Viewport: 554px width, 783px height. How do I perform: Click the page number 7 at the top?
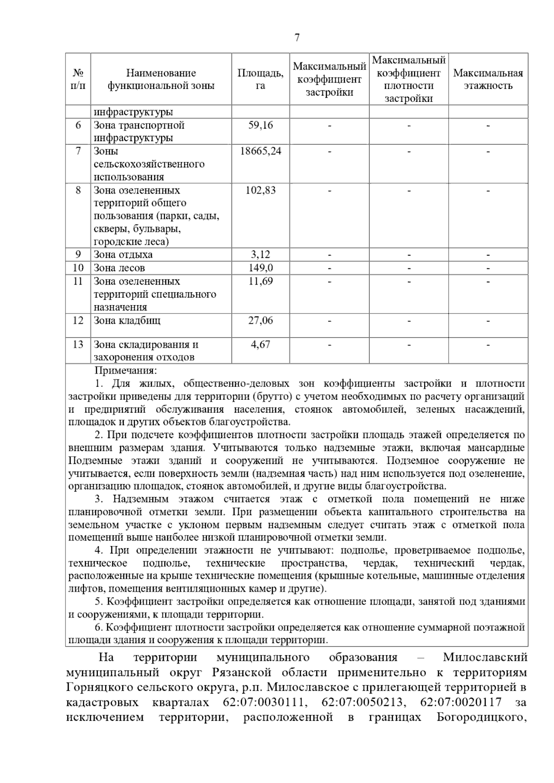(x=297, y=38)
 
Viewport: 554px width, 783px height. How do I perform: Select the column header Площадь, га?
(x=260, y=79)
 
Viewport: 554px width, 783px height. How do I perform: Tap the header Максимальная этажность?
(x=488, y=79)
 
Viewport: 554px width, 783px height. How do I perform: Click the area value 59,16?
(x=260, y=125)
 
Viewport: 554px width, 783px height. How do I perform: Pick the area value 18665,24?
(x=260, y=151)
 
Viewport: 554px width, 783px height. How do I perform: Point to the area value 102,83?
(x=260, y=190)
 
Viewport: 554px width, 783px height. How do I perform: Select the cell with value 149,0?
(x=260, y=268)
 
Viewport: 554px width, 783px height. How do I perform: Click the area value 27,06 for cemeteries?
(x=260, y=320)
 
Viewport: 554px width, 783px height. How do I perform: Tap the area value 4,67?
(x=260, y=344)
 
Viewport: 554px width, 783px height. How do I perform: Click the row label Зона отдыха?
(x=123, y=255)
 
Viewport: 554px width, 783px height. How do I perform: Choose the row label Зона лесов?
(x=119, y=268)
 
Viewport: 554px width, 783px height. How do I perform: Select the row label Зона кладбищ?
(x=127, y=320)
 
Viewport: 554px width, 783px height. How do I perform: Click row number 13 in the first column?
(x=78, y=344)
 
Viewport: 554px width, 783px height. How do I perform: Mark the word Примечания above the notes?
(x=126, y=370)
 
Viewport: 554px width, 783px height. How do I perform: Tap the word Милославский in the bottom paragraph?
(x=485, y=657)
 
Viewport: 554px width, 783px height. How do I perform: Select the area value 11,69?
(x=260, y=281)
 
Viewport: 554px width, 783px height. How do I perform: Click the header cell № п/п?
(x=78, y=79)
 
